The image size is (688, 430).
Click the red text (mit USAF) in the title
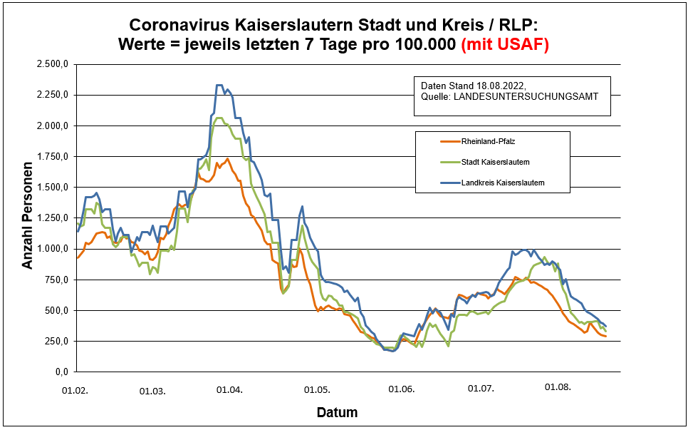(505, 45)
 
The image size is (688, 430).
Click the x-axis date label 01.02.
(75, 390)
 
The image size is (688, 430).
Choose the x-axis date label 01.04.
(230, 390)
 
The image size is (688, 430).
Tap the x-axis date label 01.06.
(402, 390)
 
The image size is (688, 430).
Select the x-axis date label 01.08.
(558, 387)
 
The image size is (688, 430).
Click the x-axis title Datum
(337, 413)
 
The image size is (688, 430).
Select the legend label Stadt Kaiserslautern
(496, 162)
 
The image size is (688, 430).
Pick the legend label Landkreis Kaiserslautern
(504, 183)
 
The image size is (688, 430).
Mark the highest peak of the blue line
(219, 86)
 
